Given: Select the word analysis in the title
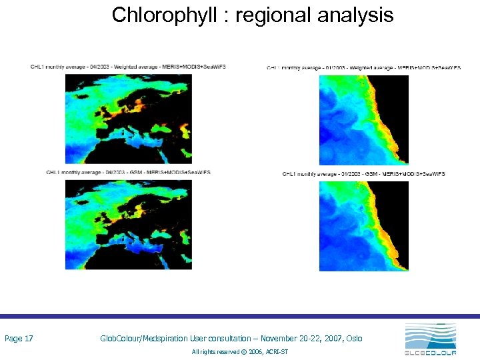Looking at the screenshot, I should coord(354,15).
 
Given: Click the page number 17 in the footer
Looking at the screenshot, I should coord(28,339).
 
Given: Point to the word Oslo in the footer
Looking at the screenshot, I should coord(354,339).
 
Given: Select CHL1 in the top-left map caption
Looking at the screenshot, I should coord(37,67).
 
